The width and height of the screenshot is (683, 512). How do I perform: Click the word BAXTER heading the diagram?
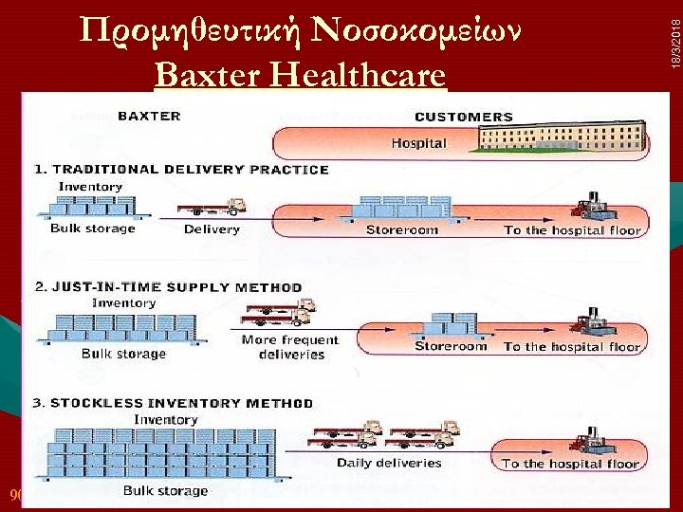[x=149, y=117]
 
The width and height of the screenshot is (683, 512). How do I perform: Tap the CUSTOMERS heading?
[x=464, y=118]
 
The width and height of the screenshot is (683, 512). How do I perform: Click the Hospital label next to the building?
[x=418, y=143]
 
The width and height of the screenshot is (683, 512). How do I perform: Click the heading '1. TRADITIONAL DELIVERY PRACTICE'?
[x=181, y=170]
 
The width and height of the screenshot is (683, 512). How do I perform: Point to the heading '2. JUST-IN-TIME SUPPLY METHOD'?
[x=168, y=286]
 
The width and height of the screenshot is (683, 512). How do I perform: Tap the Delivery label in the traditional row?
[x=212, y=229]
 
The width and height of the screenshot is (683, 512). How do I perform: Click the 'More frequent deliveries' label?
[x=289, y=347]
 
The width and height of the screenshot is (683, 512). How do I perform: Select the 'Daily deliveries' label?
[x=389, y=463]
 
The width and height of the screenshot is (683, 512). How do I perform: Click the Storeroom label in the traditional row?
[x=402, y=229]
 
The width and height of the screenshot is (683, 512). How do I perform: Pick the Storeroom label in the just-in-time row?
[x=451, y=346]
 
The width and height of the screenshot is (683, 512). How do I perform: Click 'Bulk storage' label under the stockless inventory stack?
[x=165, y=491]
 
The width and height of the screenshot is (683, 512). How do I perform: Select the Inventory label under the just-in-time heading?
[x=123, y=303]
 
